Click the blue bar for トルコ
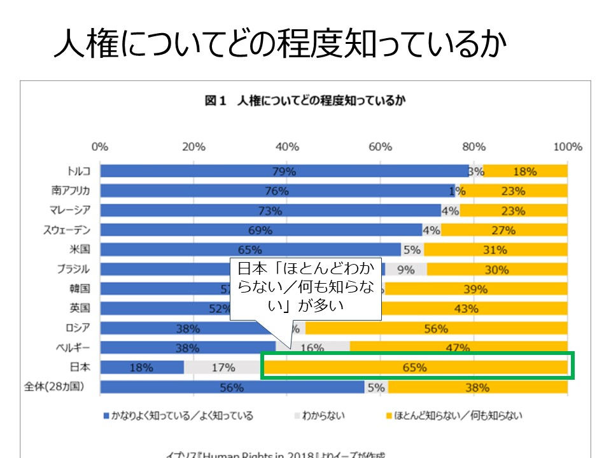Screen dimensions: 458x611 284,171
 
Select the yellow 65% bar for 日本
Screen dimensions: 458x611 415,367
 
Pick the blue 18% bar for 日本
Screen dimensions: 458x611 142,367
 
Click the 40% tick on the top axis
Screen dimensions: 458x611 287,147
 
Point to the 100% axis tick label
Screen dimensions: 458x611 568,147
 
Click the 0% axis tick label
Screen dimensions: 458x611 100,147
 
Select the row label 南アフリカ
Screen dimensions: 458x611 71,191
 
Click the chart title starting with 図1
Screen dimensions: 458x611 305,101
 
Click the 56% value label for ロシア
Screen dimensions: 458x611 436,329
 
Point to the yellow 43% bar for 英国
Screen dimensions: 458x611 466,309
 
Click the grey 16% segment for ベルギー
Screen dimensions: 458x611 313,348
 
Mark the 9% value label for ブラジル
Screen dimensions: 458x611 405,269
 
